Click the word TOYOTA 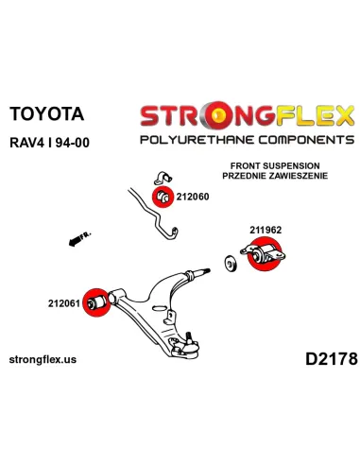(47, 113)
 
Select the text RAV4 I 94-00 (50, 143)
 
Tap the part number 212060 (193, 197)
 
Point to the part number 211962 (266, 230)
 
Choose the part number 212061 (64, 303)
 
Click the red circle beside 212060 (163, 197)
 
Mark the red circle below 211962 (265, 254)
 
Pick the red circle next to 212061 (97, 302)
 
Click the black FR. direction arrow (79, 239)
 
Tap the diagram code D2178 (332, 359)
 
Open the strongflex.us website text (43, 359)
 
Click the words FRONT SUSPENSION (275, 165)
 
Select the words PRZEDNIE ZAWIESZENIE (275, 176)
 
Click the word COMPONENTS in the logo (306, 140)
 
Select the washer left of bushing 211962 (231, 264)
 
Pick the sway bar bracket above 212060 (163, 179)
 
